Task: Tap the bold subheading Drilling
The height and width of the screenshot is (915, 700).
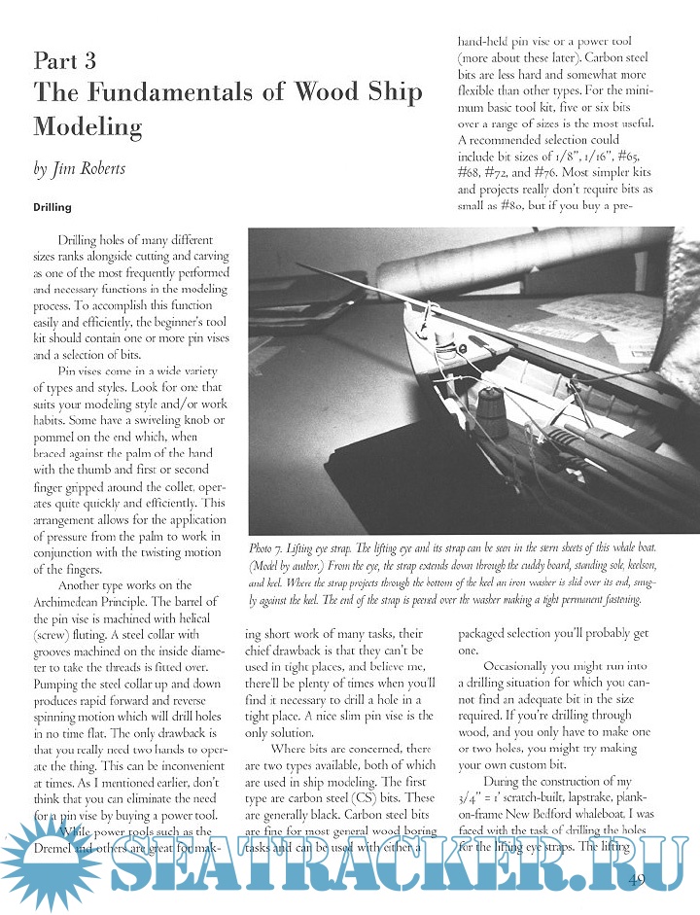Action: click(52, 207)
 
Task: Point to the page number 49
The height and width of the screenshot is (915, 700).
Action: click(639, 881)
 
